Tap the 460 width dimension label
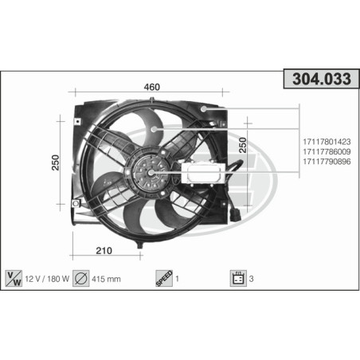coord(151,87)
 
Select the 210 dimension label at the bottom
coord(104,251)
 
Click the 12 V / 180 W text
coord(47,279)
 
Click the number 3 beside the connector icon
coord(252,279)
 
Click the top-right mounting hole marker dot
coord(205,108)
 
